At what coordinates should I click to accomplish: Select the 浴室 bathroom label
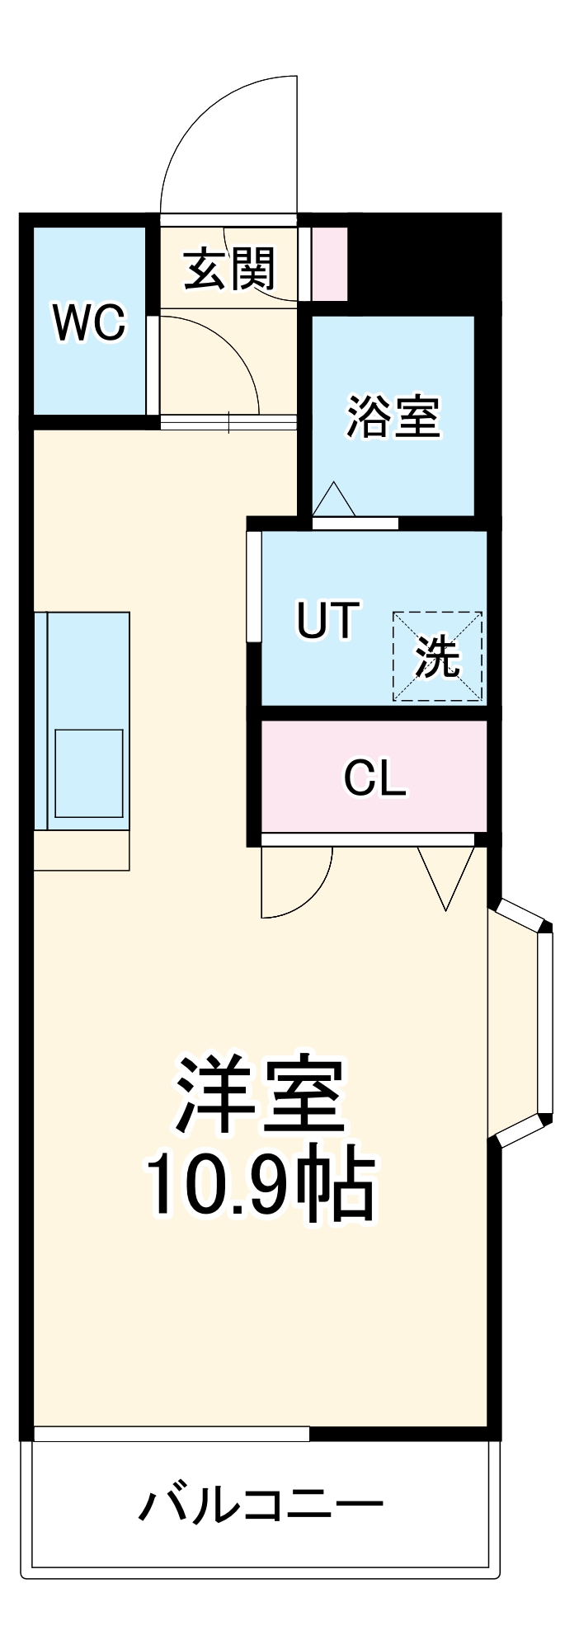coord(393,416)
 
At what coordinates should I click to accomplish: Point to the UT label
coord(327,620)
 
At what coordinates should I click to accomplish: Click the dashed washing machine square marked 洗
coord(437,656)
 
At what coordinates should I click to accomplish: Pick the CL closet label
coord(374,777)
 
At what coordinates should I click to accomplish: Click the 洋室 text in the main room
coord(259,1093)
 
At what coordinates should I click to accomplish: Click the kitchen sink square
coord(88,773)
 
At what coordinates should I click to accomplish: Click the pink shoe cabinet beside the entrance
coord(328,263)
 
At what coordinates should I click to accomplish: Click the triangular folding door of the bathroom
coord(334,500)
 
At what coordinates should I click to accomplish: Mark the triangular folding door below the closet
coord(446,874)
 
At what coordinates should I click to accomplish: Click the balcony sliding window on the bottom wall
coord(171,1434)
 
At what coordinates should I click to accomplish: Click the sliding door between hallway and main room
coord(228,422)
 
